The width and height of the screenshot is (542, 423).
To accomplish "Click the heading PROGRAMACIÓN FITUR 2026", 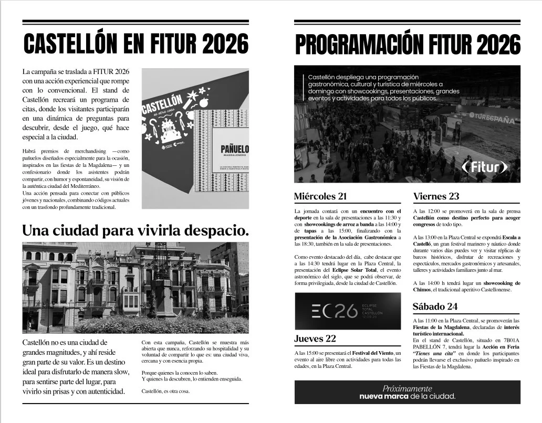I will (x=408, y=45).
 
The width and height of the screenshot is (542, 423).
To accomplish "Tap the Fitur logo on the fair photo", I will (x=485, y=167).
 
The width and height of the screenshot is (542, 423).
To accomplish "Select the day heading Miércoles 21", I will (x=320, y=197).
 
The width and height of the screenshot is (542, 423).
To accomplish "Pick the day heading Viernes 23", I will (x=436, y=197).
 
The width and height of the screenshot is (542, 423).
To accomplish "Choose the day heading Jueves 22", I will (x=315, y=339).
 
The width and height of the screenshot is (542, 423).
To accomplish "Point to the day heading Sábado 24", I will (x=435, y=306).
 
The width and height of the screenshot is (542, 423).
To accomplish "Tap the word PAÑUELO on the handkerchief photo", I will (x=234, y=150).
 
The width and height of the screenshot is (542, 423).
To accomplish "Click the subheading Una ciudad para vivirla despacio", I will (x=135, y=230).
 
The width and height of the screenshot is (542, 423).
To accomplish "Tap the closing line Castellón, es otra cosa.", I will (x=166, y=391).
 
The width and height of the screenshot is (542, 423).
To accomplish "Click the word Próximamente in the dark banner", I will (x=407, y=389).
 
